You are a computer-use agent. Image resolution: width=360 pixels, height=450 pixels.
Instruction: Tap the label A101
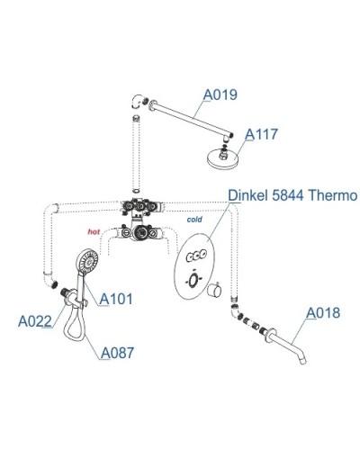115,298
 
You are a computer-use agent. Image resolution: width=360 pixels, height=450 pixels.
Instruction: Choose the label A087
117,352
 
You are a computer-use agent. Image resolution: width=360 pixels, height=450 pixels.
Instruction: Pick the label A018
321,313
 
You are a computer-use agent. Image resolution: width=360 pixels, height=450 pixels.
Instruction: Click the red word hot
93,231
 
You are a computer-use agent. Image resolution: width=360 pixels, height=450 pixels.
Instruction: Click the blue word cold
193,219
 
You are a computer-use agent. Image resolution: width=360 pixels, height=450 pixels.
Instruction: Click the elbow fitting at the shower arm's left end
135,104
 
